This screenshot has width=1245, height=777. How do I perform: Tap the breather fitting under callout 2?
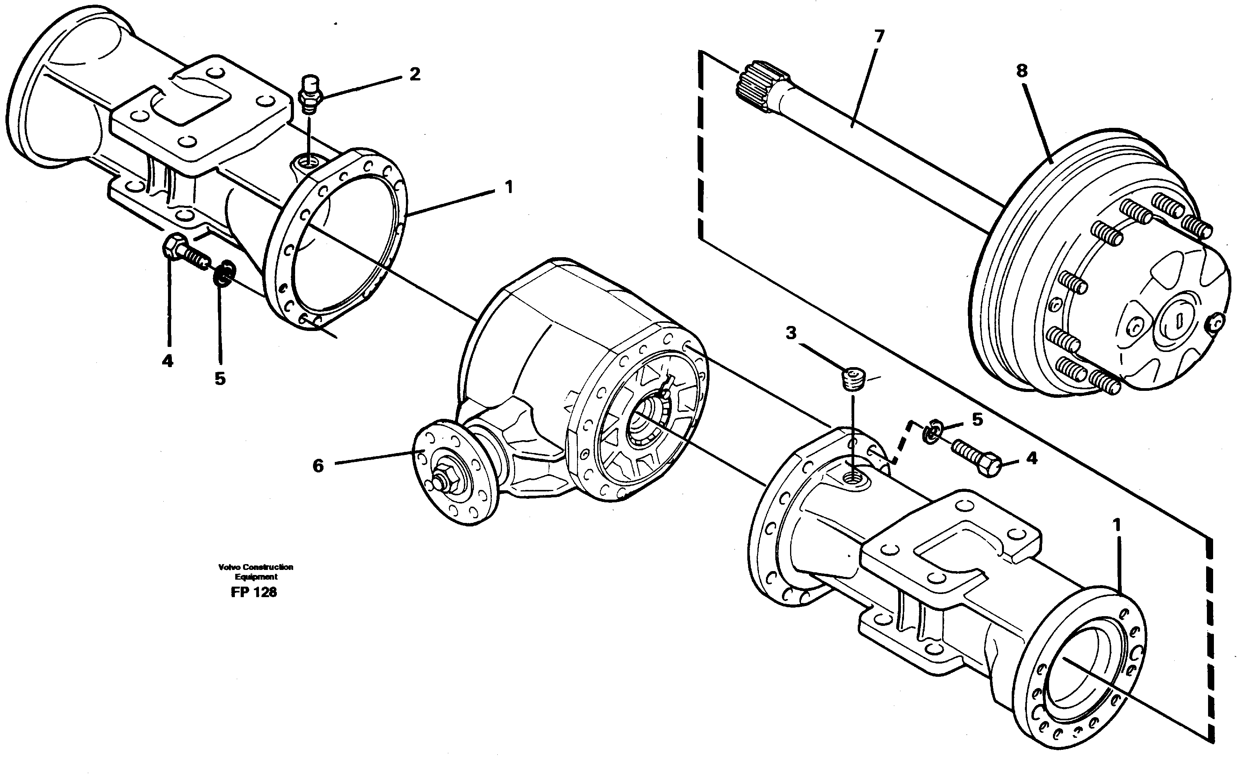[310, 95]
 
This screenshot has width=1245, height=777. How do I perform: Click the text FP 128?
[254, 592]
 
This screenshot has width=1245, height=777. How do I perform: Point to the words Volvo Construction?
[255, 567]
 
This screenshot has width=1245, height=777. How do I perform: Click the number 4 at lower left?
[168, 361]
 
